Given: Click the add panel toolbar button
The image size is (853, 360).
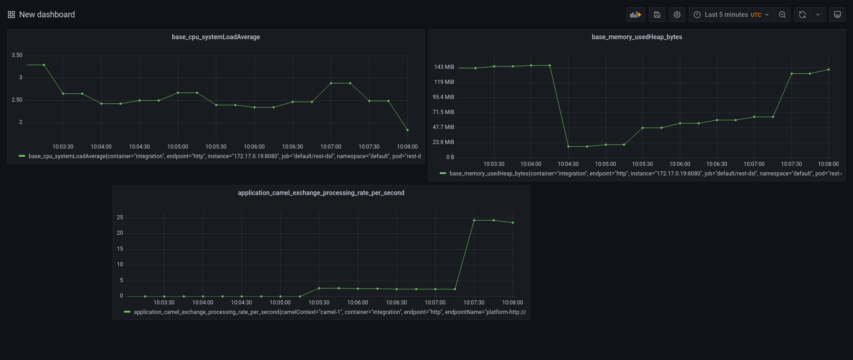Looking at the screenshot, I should point(635,15).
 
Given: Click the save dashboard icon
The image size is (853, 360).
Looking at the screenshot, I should point(657,15).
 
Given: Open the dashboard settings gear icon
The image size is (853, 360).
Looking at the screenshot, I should point(677,15).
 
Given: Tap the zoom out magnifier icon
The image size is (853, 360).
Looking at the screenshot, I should point(782,15).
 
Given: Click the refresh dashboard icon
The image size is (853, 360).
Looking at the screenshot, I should point(802,15).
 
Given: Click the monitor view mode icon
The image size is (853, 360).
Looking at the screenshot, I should point(838,15).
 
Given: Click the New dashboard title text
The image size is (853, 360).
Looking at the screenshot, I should point(47,15).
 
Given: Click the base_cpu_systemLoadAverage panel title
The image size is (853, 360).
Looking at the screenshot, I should point(216,37).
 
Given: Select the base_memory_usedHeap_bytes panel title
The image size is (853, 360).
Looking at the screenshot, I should point(637,37).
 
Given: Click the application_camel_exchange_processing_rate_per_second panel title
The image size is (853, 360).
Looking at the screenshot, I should point(321,193).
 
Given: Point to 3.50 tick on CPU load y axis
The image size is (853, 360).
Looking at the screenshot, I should point(17,55).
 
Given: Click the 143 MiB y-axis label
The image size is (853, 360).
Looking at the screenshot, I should point(444,67).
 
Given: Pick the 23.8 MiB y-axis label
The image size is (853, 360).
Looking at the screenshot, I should point(443,142).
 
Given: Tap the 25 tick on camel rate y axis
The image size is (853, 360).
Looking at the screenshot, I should point(120,217).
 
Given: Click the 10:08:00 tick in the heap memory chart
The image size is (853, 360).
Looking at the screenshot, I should point(828,164).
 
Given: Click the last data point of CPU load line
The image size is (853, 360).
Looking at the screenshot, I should point(407,130).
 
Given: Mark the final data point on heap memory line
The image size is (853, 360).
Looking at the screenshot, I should point(828,70).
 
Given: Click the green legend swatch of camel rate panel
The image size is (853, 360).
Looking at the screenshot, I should point(127,312).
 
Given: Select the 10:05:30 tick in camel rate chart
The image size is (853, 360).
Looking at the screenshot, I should point(319,303).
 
